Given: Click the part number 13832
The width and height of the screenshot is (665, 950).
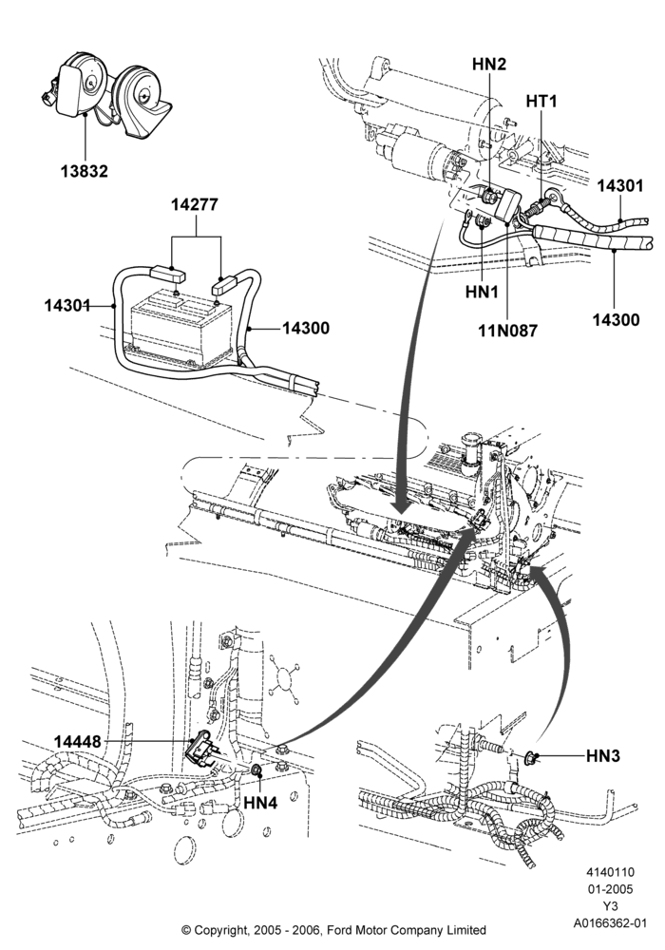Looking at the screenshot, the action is coord(84,171).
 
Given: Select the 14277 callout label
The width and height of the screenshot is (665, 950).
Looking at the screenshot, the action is coord(194,205).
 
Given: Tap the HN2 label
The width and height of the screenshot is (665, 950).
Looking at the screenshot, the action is coord(489,65).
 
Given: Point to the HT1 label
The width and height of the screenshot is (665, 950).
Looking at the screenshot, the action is coord(541,101).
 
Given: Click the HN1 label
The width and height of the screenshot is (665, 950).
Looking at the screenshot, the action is coord(482,292).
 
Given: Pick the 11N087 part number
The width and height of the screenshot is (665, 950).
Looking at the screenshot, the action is coord(507,331).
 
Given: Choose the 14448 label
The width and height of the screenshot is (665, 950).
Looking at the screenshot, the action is coord(78,742).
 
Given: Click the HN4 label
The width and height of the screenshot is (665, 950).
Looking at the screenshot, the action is coord(260,802).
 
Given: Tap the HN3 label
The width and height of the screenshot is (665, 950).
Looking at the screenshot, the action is coord(603,756).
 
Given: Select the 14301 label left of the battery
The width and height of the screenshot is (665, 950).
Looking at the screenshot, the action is coord(67,306).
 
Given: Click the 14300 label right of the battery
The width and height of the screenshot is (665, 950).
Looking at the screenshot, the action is coord(305,328).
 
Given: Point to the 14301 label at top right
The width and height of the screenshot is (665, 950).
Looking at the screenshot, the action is coord(620,185).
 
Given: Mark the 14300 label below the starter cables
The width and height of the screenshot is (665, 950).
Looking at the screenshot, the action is coord(616,319).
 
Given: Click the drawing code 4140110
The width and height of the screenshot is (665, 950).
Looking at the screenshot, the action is coord(610,872).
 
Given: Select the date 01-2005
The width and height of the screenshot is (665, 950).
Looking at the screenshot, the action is coord(610,889).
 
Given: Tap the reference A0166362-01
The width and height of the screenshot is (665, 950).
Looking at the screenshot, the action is coord(611,923).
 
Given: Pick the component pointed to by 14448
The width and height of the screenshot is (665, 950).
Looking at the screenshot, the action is coord(201,751).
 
